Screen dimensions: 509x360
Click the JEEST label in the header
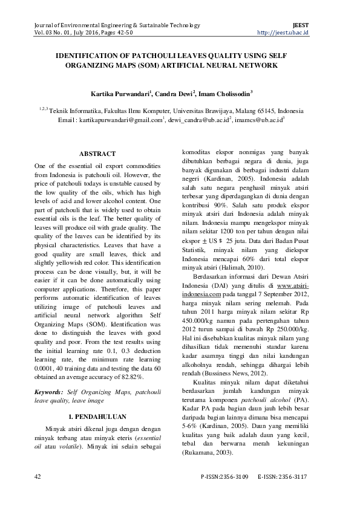301,25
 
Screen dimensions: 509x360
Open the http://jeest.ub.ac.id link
283,32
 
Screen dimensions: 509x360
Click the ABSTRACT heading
97,154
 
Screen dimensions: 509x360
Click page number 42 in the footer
38,477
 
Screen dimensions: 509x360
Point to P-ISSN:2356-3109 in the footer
224,477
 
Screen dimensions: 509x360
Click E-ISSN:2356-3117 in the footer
282,477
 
